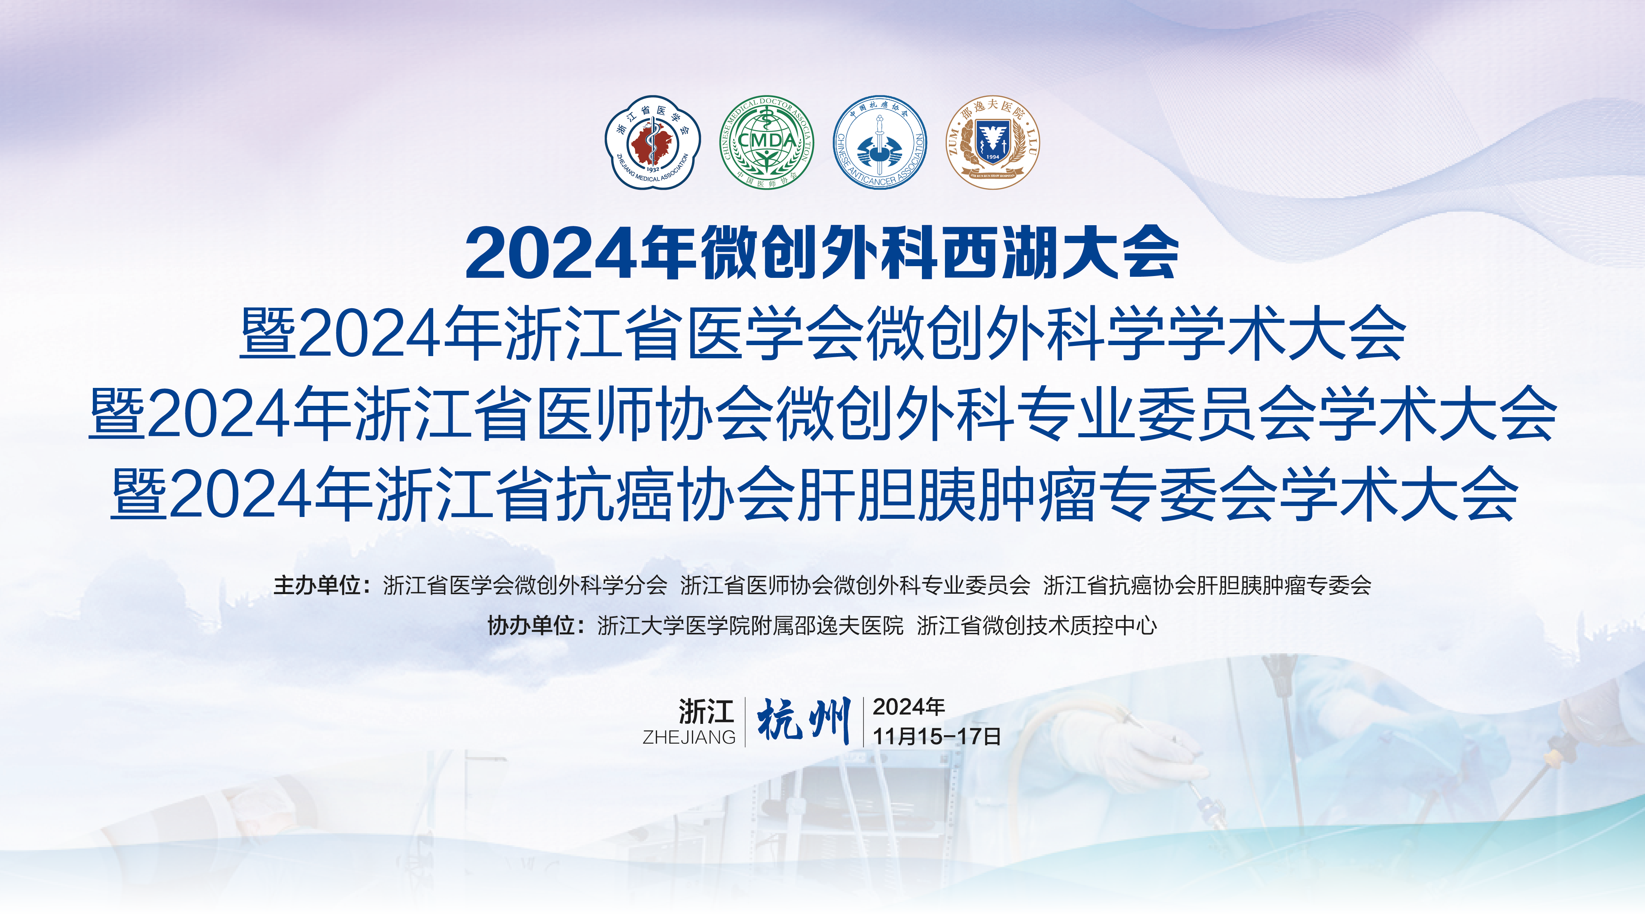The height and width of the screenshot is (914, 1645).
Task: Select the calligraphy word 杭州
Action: point(804,720)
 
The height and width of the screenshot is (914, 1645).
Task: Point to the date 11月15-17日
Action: point(936,736)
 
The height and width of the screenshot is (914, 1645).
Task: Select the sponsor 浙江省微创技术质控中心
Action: point(1036,625)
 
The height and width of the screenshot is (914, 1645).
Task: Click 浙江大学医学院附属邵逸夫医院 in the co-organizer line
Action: point(750,625)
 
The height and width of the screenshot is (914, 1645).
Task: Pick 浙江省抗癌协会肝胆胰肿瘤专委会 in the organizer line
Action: point(1207,585)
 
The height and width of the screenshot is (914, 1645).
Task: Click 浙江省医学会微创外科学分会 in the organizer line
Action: point(525,585)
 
